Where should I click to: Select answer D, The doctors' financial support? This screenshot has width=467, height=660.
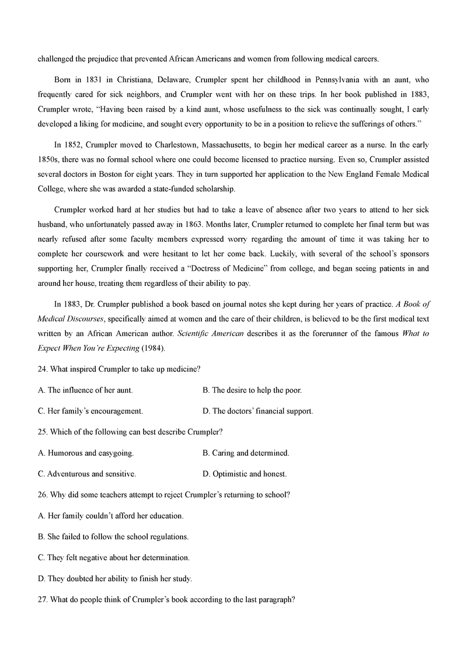pyautogui.click(x=257, y=411)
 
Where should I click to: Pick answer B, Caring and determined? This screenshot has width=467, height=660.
pyautogui.click(x=246, y=453)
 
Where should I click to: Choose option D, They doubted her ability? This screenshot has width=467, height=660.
pyautogui.click(x=114, y=579)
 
